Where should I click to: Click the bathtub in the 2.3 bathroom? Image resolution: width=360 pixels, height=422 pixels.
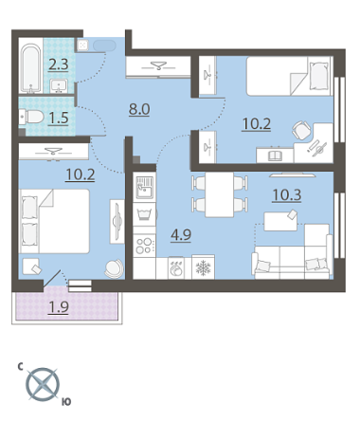(x=31, y=68)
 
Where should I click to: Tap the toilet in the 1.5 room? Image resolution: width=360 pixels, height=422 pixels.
(x=31, y=117)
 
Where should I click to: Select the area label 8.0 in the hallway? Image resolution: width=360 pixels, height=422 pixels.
(x=139, y=109)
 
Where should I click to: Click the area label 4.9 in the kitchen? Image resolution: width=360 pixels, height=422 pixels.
(x=181, y=235)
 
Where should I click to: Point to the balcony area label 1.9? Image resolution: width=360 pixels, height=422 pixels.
(x=59, y=306)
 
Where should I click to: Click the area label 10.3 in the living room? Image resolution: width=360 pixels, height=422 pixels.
(x=287, y=195)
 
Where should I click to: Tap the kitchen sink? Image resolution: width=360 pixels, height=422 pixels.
(x=145, y=188)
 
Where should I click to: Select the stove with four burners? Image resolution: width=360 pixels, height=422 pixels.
(x=144, y=246)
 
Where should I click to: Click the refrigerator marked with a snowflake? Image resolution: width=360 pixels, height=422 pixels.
(x=203, y=267)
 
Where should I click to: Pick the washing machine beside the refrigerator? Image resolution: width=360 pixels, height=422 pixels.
(x=175, y=268)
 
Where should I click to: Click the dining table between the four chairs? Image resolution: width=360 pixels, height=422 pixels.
(x=220, y=194)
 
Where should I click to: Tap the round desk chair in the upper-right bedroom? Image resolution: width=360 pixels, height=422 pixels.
(x=301, y=130)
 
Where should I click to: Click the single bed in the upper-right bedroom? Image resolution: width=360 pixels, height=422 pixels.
(x=290, y=76)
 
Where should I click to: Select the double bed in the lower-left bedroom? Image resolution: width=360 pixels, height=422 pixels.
(x=55, y=221)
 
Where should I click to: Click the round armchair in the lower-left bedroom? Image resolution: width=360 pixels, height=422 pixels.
(x=115, y=268)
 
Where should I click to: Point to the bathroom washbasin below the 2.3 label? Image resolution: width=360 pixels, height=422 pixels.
(x=59, y=86)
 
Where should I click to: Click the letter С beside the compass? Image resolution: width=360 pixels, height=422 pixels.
(x=20, y=367)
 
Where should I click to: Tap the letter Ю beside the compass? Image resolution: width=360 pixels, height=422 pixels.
(x=66, y=402)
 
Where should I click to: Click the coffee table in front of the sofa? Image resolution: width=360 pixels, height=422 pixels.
(x=280, y=221)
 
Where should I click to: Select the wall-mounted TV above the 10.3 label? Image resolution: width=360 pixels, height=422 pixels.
(x=293, y=174)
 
